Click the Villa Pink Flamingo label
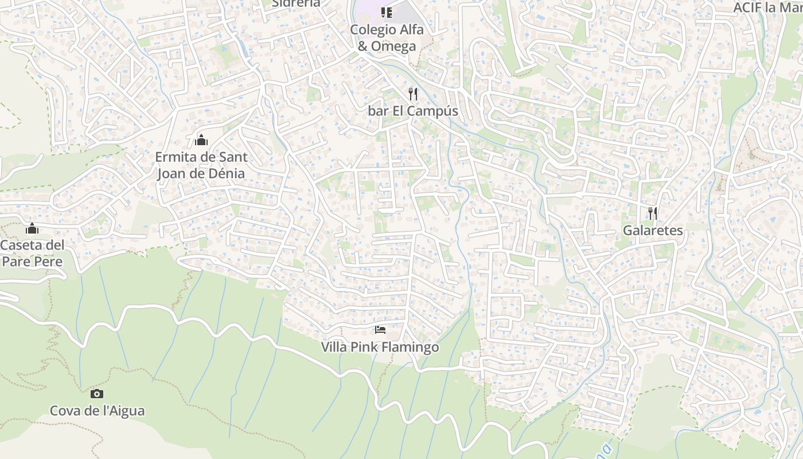(x=380, y=347)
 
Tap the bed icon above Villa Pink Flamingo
(x=380, y=330)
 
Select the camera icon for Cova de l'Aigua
(x=97, y=394)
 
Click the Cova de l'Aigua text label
(x=97, y=411)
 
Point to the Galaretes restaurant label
(x=653, y=231)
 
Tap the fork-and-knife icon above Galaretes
(x=653, y=213)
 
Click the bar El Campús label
(x=413, y=111)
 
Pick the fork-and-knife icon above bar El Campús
(x=413, y=94)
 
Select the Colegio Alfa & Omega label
(x=387, y=38)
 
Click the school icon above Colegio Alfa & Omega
(x=387, y=12)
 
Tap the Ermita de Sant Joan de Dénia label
(x=201, y=165)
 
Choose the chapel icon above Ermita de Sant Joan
(x=201, y=139)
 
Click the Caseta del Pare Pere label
(x=32, y=253)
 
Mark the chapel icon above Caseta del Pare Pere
(x=32, y=229)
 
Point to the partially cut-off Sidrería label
(x=296, y=3)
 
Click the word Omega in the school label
(x=393, y=46)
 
